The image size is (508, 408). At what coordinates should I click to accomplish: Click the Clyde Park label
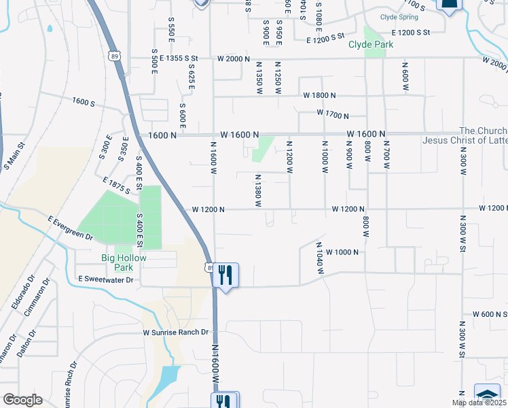[x=371, y=45]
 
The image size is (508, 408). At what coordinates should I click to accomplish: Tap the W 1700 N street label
[x=332, y=116]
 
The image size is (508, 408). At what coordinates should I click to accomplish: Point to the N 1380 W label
[x=259, y=190]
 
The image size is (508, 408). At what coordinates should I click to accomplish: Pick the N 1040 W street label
[x=319, y=258]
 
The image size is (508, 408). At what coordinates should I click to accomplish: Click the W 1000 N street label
[x=346, y=252]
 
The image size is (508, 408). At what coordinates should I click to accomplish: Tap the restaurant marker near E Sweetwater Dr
[x=225, y=275]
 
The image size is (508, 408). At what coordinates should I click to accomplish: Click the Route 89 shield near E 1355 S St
[x=113, y=54]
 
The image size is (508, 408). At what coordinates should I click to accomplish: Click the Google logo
[x=22, y=400]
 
